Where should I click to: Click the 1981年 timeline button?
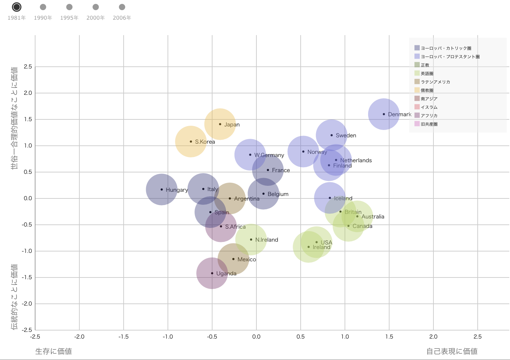point(17,7)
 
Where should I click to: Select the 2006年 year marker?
point(122,7)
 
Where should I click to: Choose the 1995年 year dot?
point(69,7)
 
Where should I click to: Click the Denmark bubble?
point(384,114)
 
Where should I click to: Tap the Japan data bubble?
point(220,124)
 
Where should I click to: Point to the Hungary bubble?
point(162,189)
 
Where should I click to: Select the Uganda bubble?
point(212,273)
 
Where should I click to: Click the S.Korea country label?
point(205,142)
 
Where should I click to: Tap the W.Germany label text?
point(269,155)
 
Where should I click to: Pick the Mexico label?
point(247,260)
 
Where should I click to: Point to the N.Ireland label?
point(267,240)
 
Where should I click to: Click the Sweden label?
point(346,136)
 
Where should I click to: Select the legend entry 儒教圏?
point(427,90)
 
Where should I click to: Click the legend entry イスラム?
point(429,107)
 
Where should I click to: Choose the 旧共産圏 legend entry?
point(429,124)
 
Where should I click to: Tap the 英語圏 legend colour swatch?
point(417,73)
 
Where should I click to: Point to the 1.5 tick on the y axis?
point(28,119)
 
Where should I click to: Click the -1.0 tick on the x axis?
point(168,337)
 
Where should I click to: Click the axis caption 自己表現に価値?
point(452,351)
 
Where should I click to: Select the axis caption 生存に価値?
point(53,351)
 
